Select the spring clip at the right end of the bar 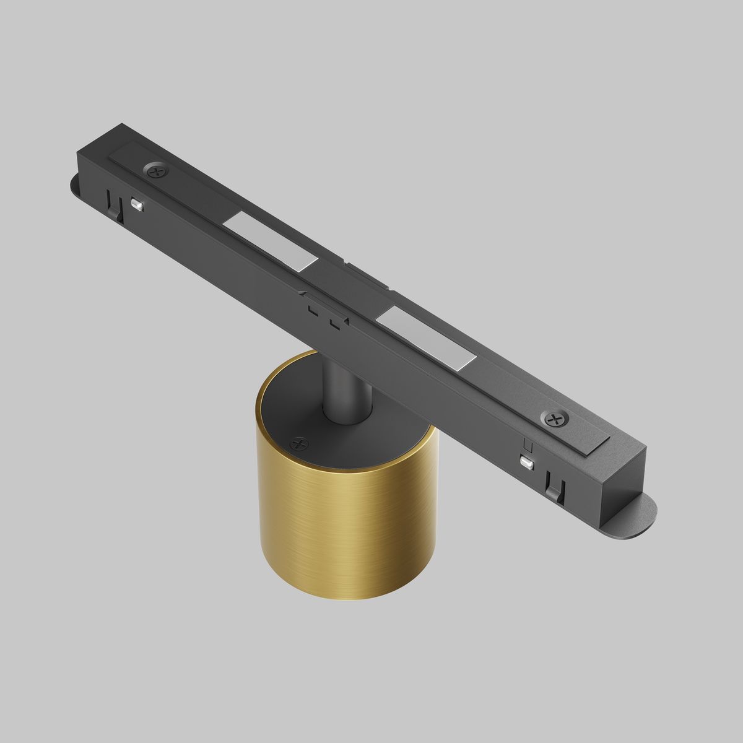pos(553,484)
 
